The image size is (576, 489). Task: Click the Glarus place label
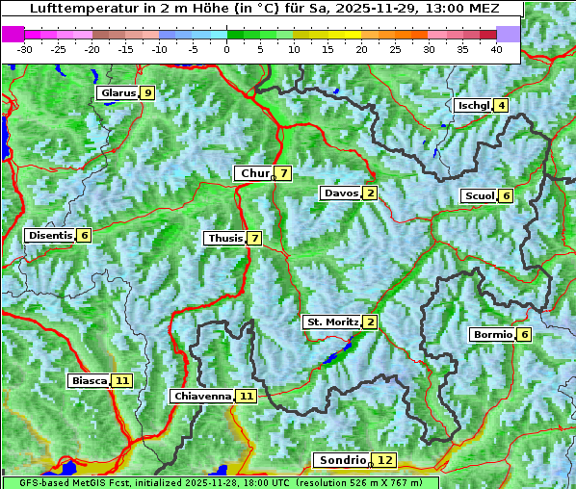[x=117, y=93]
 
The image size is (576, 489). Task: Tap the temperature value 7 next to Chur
[x=284, y=173]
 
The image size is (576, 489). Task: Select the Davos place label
[x=341, y=193]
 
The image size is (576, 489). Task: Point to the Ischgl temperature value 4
[x=501, y=105]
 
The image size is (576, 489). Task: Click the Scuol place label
[x=479, y=195]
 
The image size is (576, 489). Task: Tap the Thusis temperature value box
[x=254, y=238]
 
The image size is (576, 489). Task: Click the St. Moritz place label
[x=331, y=322]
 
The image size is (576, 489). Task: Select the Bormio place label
[x=492, y=335]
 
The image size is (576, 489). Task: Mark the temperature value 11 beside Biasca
[x=121, y=380]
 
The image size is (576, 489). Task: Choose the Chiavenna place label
[x=201, y=396]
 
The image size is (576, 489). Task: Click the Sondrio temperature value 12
[x=385, y=460]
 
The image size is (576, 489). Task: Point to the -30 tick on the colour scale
[x=25, y=49]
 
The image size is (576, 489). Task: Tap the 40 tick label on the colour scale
[x=496, y=49]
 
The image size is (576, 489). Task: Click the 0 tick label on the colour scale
[x=227, y=49]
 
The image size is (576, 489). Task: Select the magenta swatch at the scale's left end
[x=13, y=34]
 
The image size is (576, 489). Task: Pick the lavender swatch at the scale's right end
[x=509, y=34]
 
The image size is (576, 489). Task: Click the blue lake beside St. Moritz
[x=337, y=353]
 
